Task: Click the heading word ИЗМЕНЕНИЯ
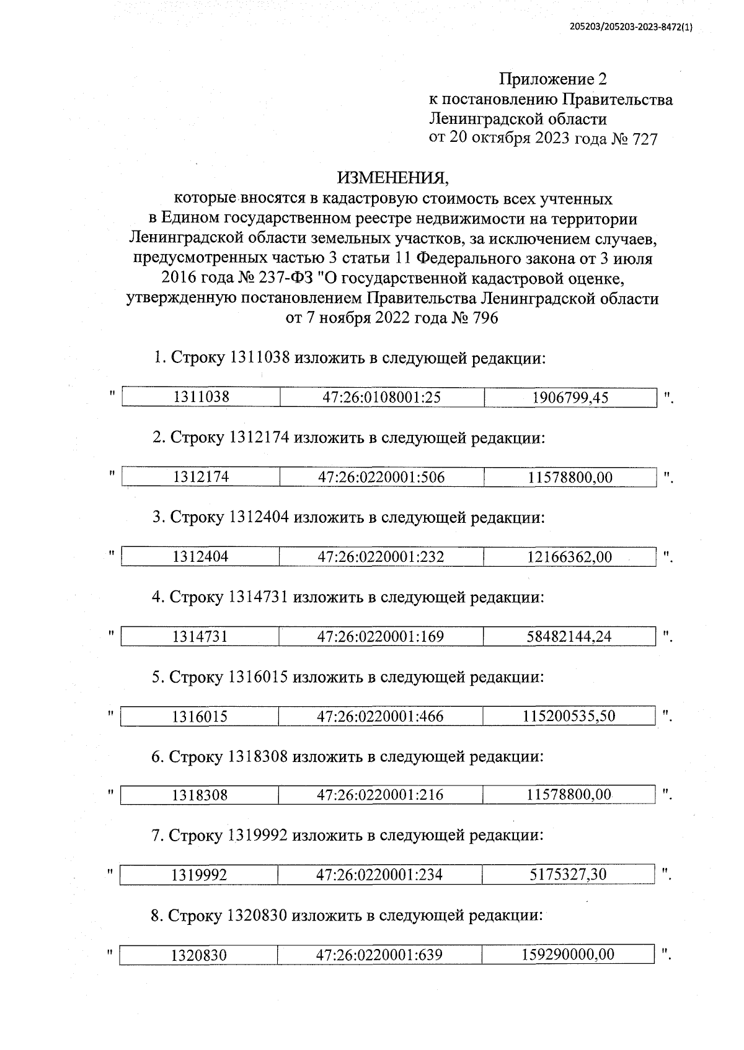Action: pyautogui.click(x=392, y=178)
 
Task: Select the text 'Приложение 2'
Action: pyautogui.click(x=553, y=79)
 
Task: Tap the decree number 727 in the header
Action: pyautogui.click(x=644, y=139)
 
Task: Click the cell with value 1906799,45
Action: pyautogui.click(x=570, y=398)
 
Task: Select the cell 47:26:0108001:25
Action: pyautogui.click(x=381, y=398)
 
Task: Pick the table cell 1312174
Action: pyautogui.click(x=201, y=477)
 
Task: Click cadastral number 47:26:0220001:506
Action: pyautogui.click(x=381, y=477)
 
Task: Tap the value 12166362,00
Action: pyautogui.click(x=569, y=557)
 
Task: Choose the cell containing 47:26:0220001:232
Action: pyautogui.click(x=381, y=557)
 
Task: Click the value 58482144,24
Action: pyautogui.click(x=569, y=636)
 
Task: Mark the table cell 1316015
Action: pyautogui.click(x=200, y=717)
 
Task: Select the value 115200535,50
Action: pyautogui.click(x=569, y=716)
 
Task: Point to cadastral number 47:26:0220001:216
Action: pyautogui.click(x=380, y=795)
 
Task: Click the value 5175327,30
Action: pyautogui.click(x=568, y=875)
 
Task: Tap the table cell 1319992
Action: pyautogui.click(x=199, y=875)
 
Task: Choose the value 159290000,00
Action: pyautogui.click(x=568, y=955)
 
